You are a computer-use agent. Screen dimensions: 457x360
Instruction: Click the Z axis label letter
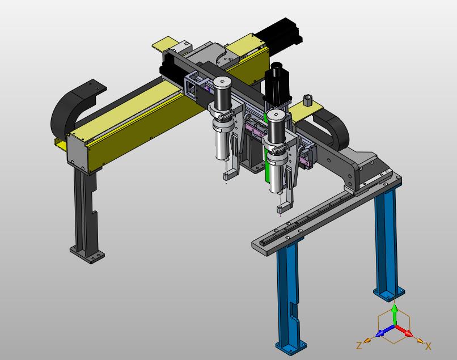click(359, 346)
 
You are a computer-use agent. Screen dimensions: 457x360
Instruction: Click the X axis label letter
click(428, 346)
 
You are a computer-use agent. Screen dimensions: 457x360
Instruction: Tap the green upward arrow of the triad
click(394, 314)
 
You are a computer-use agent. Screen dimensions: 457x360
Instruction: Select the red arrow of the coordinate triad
click(404, 331)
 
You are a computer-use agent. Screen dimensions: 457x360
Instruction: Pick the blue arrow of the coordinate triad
click(385, 331)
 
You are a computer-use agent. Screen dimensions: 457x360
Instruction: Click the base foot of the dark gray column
click(87, 255)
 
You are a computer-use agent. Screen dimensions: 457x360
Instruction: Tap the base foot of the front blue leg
click(291, 347)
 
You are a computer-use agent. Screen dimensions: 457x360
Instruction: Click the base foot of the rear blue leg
click(389, 293)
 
